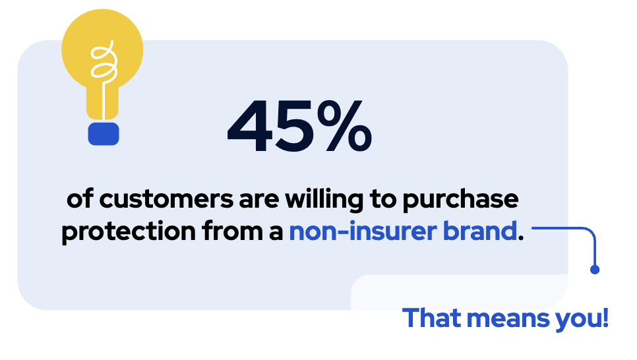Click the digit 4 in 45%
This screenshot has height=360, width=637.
click(x=253, y=125)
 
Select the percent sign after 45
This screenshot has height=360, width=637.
click(x=346, y=125)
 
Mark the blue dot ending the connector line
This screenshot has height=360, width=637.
click(x=595, y=269)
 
